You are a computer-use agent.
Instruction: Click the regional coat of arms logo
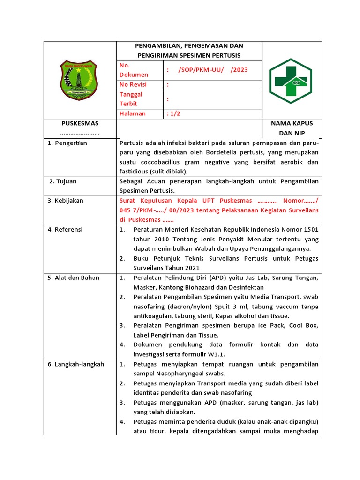point(79,80)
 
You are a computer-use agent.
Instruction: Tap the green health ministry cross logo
point(291,81)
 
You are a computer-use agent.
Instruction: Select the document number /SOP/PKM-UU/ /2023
point(213,70)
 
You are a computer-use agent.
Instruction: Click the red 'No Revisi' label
point(133,84)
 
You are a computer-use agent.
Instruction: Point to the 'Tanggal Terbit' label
point(131,99)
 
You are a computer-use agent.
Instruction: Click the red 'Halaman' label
point(133,113)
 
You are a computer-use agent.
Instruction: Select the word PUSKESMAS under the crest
point(80,123)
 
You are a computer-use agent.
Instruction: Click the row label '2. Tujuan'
point(63,181)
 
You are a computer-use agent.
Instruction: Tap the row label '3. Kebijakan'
point(66,201)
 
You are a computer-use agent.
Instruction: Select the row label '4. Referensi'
point(65,229)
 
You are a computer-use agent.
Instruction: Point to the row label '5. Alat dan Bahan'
point(74,277)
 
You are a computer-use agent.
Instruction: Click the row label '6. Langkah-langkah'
point(76,364)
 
